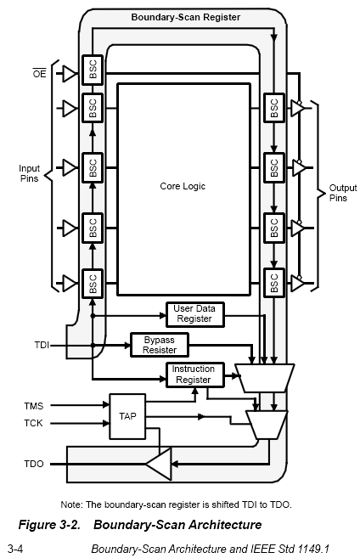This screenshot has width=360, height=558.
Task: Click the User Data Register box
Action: point(195,314)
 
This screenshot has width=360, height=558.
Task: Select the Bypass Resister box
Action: point(160,345)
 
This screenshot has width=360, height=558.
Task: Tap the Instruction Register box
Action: point(195,375)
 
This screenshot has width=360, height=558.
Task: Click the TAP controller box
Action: point(127,416)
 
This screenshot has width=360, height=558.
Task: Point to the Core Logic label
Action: point(183,186)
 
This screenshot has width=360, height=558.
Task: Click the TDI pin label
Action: point(42,345)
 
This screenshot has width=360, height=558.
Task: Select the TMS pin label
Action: point(34,406)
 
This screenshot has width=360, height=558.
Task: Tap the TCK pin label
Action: point(33,423)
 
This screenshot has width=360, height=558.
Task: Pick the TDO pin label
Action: point(34,464)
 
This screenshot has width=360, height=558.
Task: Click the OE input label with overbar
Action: point(40,73)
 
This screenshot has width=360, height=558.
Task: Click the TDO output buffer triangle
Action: point(158,464)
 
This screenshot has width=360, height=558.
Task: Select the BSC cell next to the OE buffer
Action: point(93,70)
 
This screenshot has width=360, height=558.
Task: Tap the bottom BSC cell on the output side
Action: point(274,283)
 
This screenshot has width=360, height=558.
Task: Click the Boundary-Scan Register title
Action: point(186,17)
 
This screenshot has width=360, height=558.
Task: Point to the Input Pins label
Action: point(29,173)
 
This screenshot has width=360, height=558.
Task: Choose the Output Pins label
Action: point(342,193)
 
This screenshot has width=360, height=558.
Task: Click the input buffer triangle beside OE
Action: point(70,74)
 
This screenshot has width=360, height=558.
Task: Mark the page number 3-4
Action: point(15,549)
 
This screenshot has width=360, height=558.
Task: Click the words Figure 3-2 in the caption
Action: point(49,525)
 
